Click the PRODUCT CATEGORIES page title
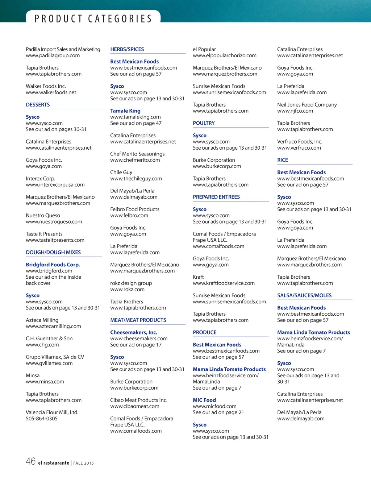[x=93, y=18]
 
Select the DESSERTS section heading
[x=38, y=105]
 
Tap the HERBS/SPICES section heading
[x=127, y=49]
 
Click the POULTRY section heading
[x=204, y=123]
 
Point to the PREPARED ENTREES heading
[x=216, y=197]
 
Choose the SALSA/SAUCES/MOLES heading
[x=304, y=296]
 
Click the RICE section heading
[x=283, y=160]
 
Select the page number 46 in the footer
[x=30, y=461]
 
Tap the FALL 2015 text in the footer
[x=84, y=463]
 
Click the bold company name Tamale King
[x=125, y=111]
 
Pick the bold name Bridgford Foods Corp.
[x=53, y=265]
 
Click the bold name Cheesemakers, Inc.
[x=134, y=333]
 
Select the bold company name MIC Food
[x=204, y=400]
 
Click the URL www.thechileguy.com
[x=136, y=179]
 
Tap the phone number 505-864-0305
[x=42, y=419]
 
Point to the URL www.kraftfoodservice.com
[x=224, y=283]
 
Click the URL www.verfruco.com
[x=299, y=148]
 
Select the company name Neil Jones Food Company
[x=307, y=105]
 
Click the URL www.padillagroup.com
[x=53, y=55]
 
